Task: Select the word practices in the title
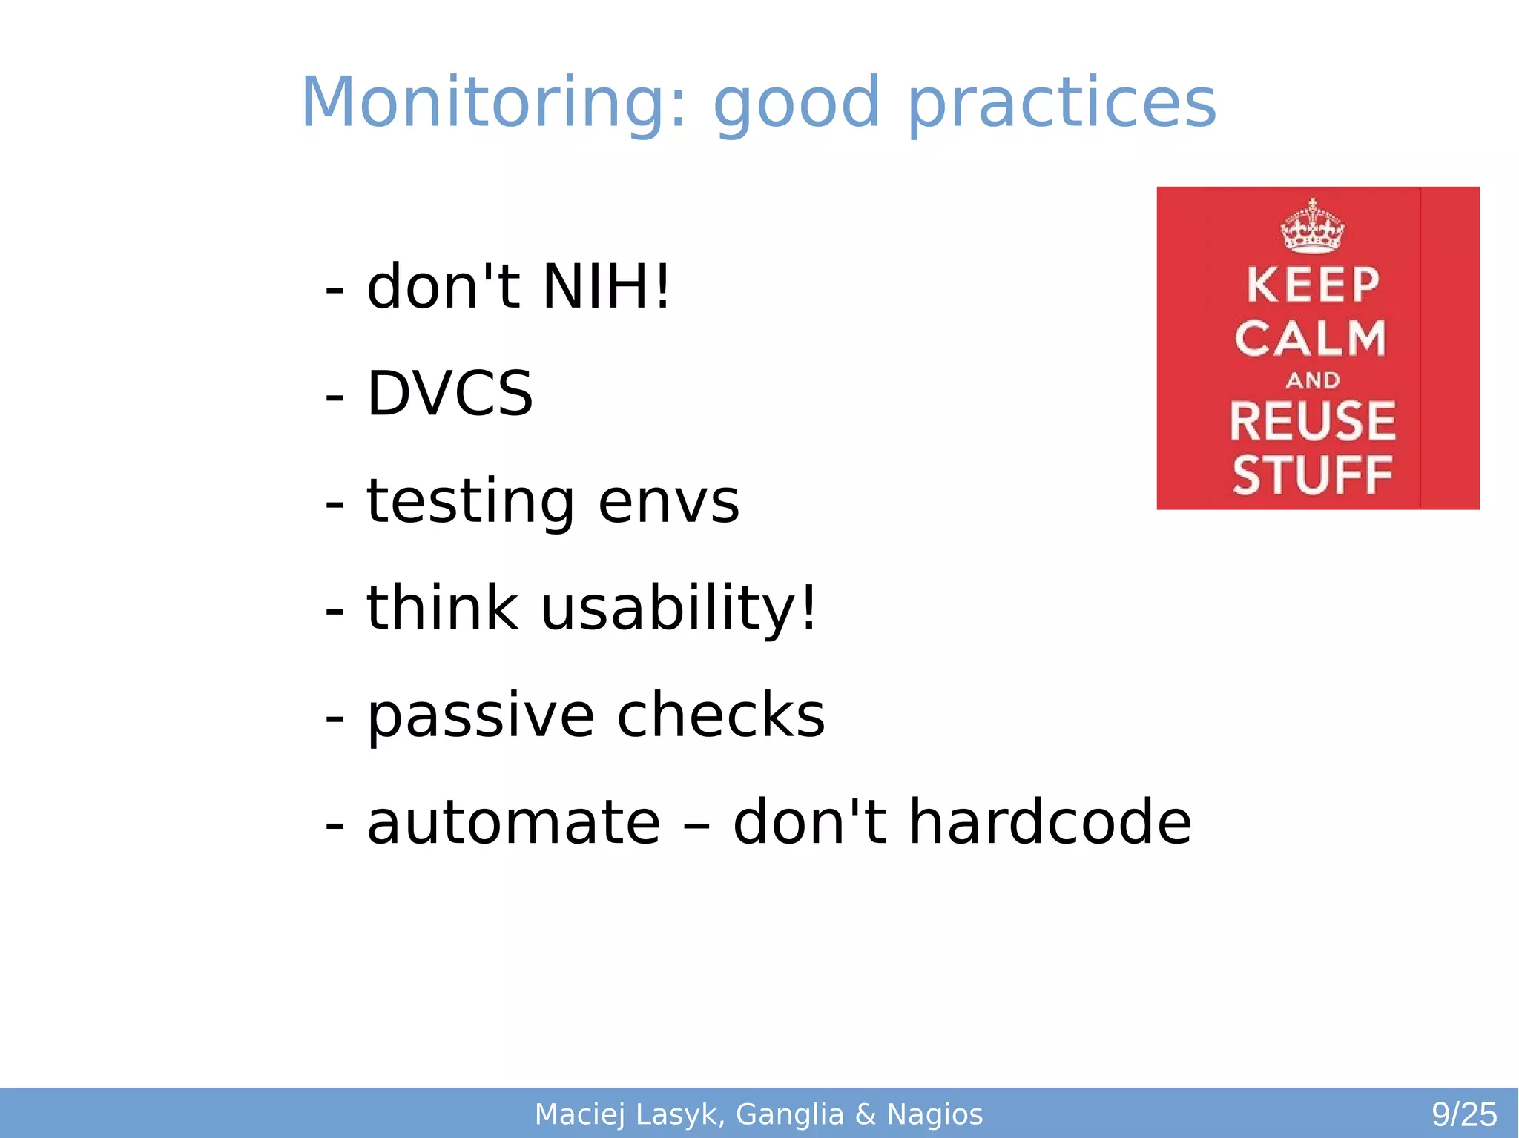pyautogui.click(x=1061, y=104)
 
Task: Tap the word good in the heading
pyautogui.click(x=796, y=104)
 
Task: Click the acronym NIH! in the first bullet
pyautogui.click(x=606, y=286)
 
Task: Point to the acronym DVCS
pyautogui.click(x=449, y=393)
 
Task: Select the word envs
pyautogui.click(x=668, y=501)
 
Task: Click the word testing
pyautogui.click(x=470, y=501)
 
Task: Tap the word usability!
pyautogui.click(x=678, y=608)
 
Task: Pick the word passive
pyautogui.click(x=480, y=715)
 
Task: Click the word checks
pyautogui.click(x=720, y=715)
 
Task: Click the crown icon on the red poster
pyautogui.click(x=1312, y=225)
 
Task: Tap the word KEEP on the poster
pyautogui.click(x=1312, y=285)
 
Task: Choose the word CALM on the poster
pyautogui.click(x=1310, y=339)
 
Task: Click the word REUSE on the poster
pyautogui.click(x=1312, y=420)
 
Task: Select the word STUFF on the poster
pyautogui.click(x=1312, y=474)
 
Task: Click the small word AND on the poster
pyautogui.click(x=1312, y=380)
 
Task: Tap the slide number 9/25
pyautogui.click(x=1463, y=1114)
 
